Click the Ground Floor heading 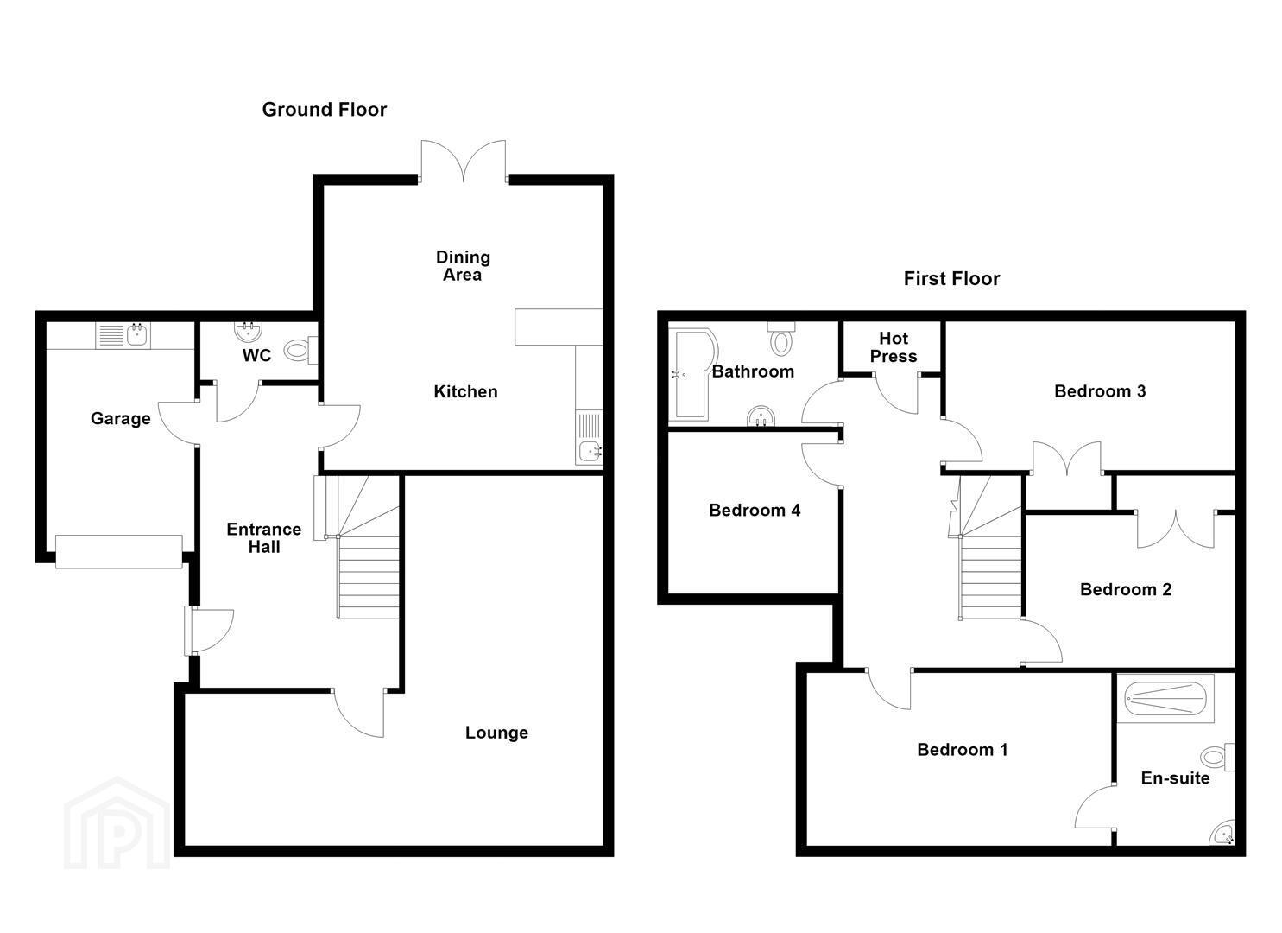pyautogui.click(x=324, y=110)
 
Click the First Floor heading pyautogui.click(x=951, y=279)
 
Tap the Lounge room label pyautogui.click(x=496, y=733)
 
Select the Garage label pyautogui.click(x=121, y=419)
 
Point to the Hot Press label pyautogui.click(x=894, y=347)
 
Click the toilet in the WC pyautogui.click(x=300, y=349)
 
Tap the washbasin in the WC pyautogui.click(x=249, y=331)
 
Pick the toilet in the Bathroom pyautogui.click(x=780, y=339)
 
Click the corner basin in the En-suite pyautogui.click(x=1224, y=834)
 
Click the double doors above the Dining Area pyautogui.click(x=464, y=162)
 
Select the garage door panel pyautogui.click(x=119, y=551)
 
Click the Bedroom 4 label pyautogui.click(x=755, y=511)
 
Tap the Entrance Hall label pyautogui.click(x=264, y=538)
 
